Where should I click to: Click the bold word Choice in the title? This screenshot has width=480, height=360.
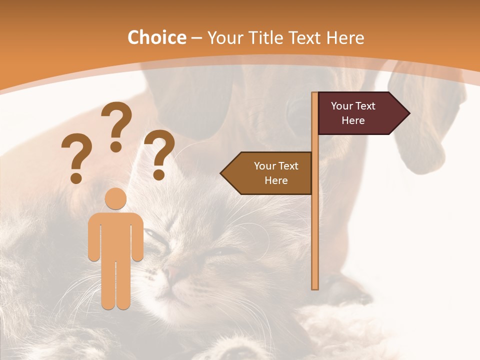pos(156,37)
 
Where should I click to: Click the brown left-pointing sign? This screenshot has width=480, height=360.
pos(270,173)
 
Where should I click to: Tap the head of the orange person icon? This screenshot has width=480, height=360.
pos(115,199)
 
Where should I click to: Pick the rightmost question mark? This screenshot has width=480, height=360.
pos(159,153)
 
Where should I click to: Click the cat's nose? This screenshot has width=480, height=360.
pos(172,272)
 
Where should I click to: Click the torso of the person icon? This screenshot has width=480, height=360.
pos(115,235)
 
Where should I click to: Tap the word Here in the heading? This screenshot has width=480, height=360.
pos(345,37)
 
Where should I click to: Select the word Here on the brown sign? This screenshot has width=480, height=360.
pos(276,180)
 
